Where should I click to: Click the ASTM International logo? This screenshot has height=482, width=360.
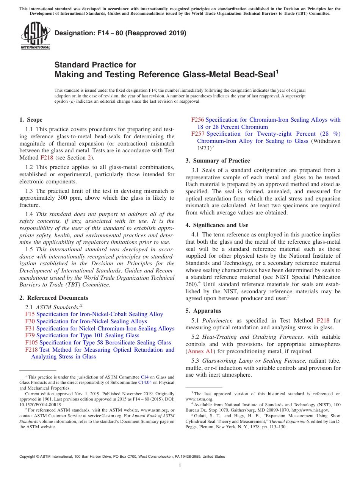tap(35, 36)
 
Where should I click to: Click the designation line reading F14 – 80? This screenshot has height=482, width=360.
tap(120, 33)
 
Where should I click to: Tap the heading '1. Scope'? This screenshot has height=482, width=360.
tap(31, 120)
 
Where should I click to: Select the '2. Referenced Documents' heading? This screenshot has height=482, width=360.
tap(53, 298)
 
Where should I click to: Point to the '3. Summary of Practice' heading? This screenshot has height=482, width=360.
tap(218, 161)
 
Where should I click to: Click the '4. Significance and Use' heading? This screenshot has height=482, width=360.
tap(217, 225)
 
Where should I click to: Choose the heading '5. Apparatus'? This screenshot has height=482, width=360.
tap(203, 311)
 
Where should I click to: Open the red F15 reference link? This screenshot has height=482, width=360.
tap(30, 314)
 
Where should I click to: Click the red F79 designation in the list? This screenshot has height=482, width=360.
tap(30, 335)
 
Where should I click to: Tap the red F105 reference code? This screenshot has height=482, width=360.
tap(31, 343)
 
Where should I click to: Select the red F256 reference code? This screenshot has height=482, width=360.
tap(197, 120)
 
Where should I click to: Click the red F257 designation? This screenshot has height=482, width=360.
tap(197, 134)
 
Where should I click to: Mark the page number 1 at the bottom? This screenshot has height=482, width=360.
tap(180, 466)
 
